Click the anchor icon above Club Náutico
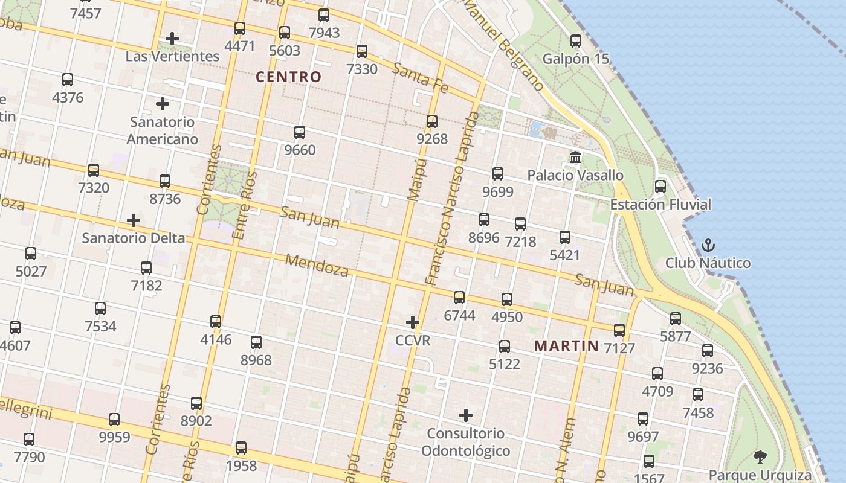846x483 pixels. [x=708, y=245]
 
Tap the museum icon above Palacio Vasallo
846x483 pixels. [x=575, y=158]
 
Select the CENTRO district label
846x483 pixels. [x=288, y=77]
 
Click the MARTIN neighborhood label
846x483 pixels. [x=567, y=346]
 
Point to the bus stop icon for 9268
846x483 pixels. [x=432, y=121]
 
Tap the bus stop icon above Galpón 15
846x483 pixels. [x=576, y=41]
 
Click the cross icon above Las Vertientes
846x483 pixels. [x=172, y=39]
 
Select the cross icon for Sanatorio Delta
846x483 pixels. [x=134, y=220]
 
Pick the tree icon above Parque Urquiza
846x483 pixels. [x=760, y=457]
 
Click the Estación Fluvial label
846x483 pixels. [x=660, y=204]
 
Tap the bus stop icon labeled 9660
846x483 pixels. [x=300, y=132]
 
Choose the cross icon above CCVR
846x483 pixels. [x=413, y=322]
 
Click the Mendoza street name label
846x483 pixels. [x=317, y=264]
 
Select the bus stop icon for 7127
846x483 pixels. [x=619, y=330]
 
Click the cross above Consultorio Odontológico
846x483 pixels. [x=466, y=415]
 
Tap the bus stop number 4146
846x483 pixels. [x=216, y=339]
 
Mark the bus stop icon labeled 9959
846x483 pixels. [x=114, y=420]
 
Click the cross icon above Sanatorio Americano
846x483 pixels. [x=163, y=104]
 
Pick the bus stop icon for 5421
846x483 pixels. [x=565, y=237]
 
